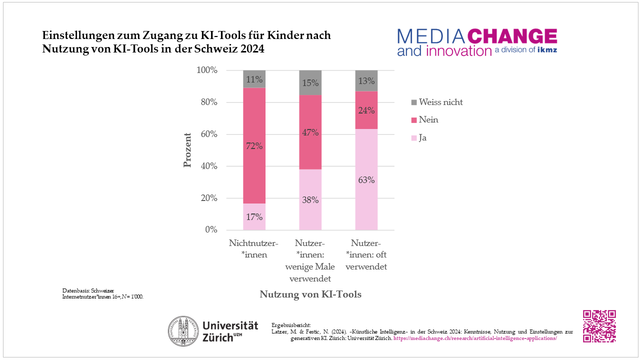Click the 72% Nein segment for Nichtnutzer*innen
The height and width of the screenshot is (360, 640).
[254, 145]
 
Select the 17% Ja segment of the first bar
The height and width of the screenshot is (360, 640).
[254, 216]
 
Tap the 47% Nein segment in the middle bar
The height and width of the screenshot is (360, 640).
[310, 132]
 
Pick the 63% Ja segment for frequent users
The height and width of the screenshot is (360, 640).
[366, 180]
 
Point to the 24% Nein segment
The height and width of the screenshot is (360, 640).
[366, 110]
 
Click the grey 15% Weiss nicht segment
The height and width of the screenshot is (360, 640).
[310, 82]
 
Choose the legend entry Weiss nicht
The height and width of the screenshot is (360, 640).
[440, 102]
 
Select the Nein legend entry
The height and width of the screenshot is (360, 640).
[428, 120]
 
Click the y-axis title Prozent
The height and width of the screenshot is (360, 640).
[188, 150]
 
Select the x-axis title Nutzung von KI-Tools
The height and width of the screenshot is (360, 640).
[310, 294]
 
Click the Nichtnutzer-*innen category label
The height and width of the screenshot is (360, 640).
[254, 249]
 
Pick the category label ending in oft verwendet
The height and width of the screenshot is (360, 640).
[366, 254]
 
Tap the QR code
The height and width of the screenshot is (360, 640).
[599, 326]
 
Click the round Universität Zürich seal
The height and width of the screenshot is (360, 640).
[182, 330]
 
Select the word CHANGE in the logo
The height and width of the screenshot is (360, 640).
[512, 36]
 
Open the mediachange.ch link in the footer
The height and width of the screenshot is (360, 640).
[475, 338]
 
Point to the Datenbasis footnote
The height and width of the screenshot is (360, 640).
[102, 293]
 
